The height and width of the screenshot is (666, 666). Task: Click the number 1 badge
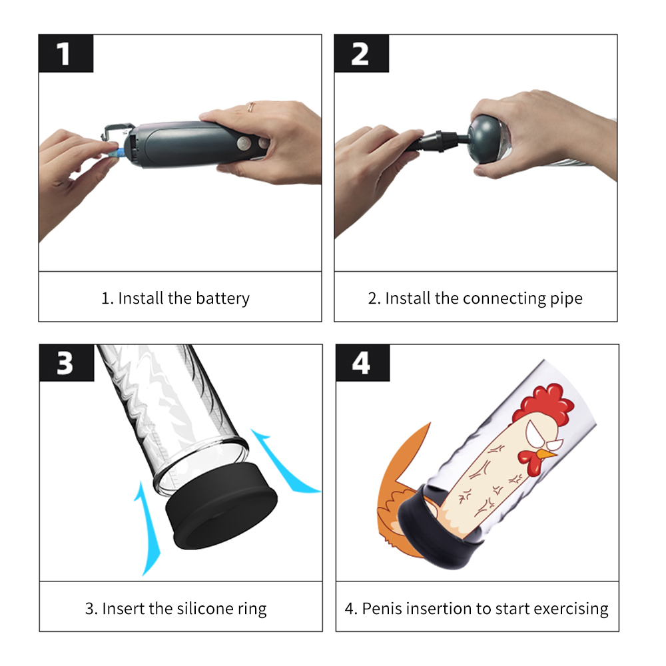66,53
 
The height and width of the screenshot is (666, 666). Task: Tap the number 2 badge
362,53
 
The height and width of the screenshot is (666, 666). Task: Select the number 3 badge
67,363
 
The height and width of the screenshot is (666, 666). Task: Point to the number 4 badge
363,363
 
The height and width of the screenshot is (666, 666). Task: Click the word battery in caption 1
222,298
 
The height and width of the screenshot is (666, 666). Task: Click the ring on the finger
251,107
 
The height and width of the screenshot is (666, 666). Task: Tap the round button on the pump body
244,144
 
